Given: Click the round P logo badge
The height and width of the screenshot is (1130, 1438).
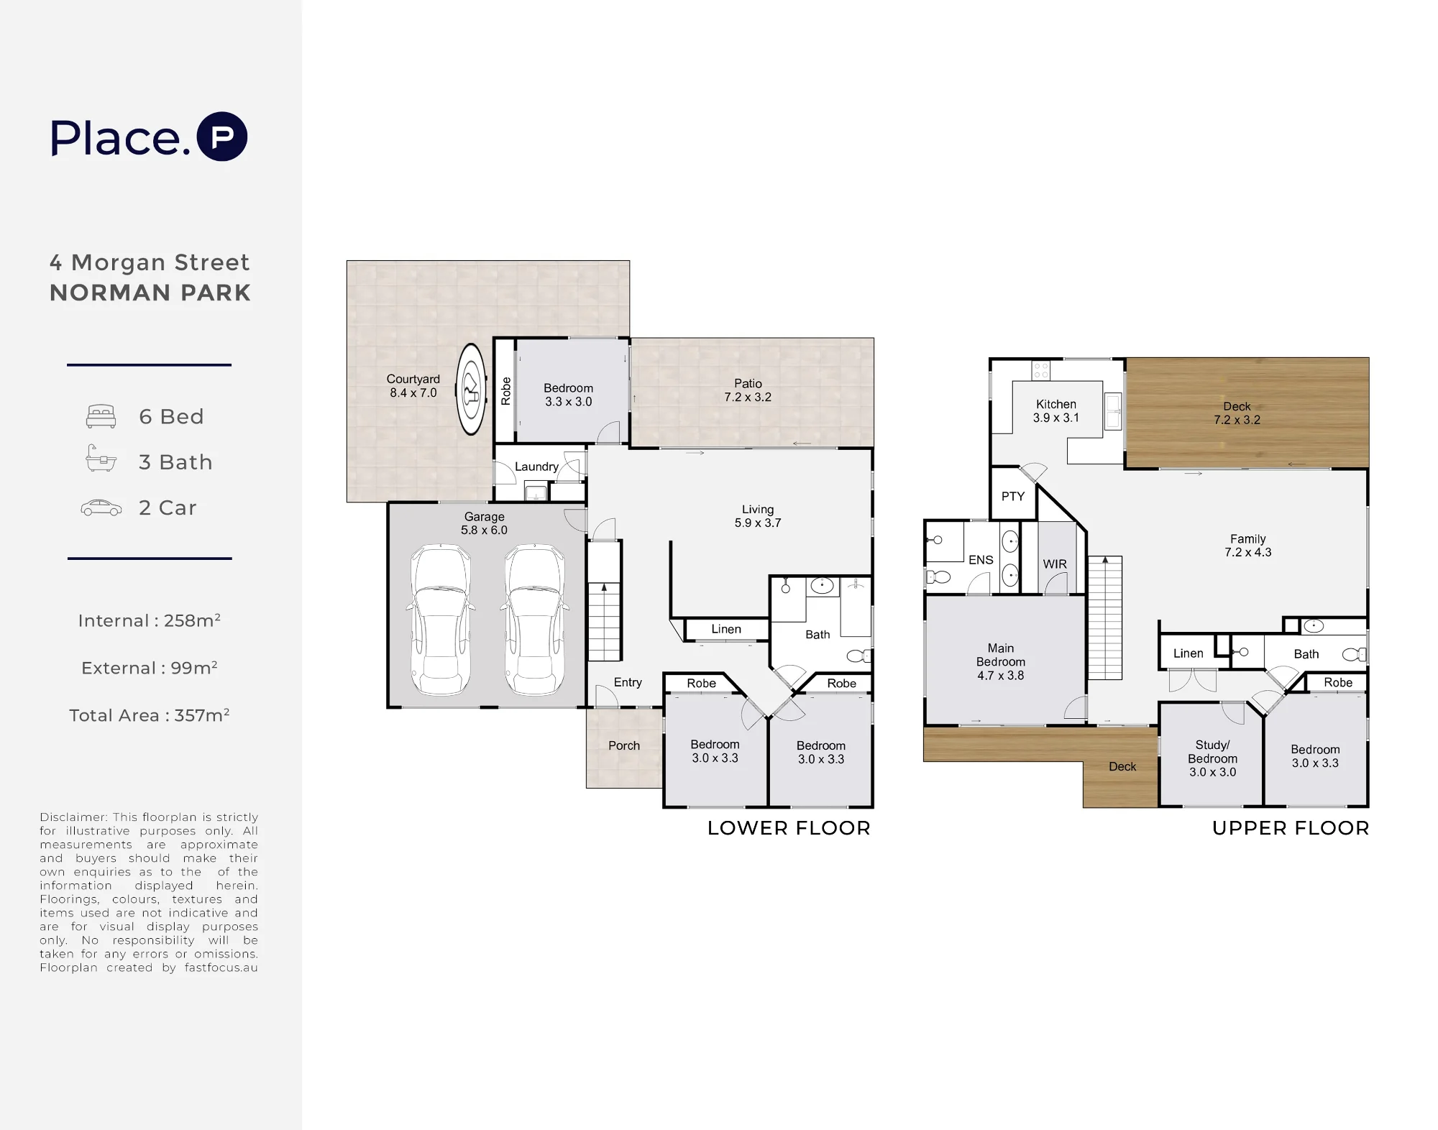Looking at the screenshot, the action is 222,137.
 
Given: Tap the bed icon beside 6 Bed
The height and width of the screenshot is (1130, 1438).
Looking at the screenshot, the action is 101,416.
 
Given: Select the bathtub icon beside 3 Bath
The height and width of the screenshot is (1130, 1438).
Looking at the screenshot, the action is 101,458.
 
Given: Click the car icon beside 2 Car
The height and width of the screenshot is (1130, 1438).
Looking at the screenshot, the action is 101,507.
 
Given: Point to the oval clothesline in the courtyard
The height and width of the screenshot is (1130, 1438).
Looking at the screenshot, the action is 472,389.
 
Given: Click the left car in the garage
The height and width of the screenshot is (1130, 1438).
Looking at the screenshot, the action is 441,620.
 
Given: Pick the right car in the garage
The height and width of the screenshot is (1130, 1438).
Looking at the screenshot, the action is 534,620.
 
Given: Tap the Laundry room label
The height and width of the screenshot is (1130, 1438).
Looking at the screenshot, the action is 536,467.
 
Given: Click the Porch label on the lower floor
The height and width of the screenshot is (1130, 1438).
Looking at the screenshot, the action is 624,745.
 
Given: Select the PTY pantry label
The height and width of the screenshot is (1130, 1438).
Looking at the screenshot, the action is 1013,496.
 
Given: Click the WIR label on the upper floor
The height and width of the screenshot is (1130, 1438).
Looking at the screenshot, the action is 1055,564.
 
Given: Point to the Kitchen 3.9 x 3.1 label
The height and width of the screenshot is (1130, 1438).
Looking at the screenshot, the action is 1056,411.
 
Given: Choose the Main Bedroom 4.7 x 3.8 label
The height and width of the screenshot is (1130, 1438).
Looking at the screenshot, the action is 1001,661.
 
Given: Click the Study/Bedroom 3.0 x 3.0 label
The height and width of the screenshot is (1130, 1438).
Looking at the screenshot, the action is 1213,758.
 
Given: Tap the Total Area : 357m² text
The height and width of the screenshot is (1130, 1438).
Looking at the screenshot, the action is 150,715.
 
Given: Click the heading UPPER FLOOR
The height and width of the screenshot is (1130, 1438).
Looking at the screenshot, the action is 1291,828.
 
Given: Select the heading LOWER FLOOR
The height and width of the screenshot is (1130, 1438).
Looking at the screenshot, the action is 789,828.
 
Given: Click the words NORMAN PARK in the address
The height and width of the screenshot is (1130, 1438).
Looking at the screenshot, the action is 150,293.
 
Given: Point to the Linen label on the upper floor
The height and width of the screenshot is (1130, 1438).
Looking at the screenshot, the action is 1189,653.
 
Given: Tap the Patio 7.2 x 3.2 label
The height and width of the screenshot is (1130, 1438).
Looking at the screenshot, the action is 748,390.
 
